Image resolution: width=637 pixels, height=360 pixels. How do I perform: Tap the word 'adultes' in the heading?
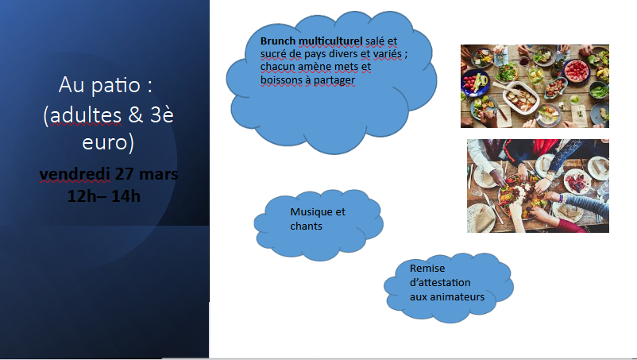(86, 115)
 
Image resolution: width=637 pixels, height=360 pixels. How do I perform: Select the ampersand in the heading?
(136, 115)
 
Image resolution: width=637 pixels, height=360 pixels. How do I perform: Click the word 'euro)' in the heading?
(108, 143)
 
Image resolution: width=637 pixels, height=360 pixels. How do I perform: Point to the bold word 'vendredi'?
(75, 174)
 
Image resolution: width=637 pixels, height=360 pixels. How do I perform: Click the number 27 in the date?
(125, 173)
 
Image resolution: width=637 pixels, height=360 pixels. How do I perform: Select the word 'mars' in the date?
(158, 174)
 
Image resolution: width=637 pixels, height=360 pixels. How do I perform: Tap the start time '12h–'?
(87, 196)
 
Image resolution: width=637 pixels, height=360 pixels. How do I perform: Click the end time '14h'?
(125, 196)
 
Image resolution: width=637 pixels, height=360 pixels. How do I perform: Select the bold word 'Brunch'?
(278, 41)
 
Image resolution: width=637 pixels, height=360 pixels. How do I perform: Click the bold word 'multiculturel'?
(330, 41)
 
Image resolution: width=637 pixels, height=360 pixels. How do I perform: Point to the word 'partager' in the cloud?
(334, 80)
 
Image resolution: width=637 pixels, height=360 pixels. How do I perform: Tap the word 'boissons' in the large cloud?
(280, 80)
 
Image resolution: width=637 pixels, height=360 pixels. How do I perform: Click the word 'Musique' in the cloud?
(307, 212)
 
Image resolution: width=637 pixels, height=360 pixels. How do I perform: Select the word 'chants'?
(307, 226)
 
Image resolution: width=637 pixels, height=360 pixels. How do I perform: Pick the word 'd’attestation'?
(440, 282)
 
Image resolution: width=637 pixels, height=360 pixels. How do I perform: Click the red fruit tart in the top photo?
(576, 70)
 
